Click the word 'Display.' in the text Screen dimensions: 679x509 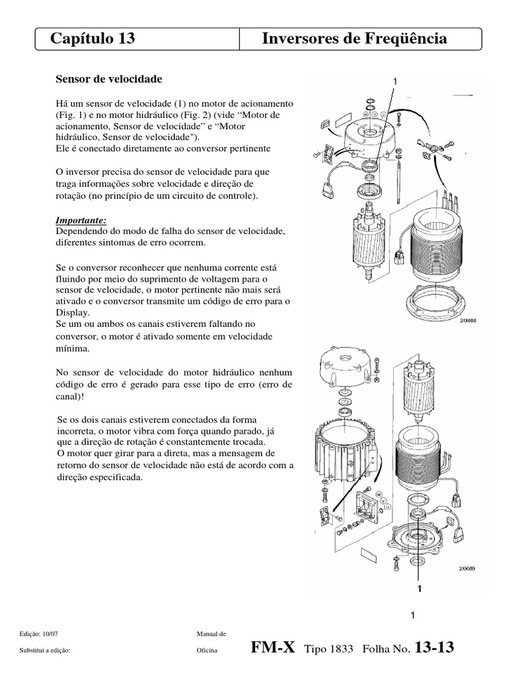click(74, 312)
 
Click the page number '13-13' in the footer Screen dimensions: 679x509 click(434, 647)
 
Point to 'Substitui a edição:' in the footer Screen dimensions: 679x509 click(46, 650)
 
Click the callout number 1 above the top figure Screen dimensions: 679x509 click(395, 81)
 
